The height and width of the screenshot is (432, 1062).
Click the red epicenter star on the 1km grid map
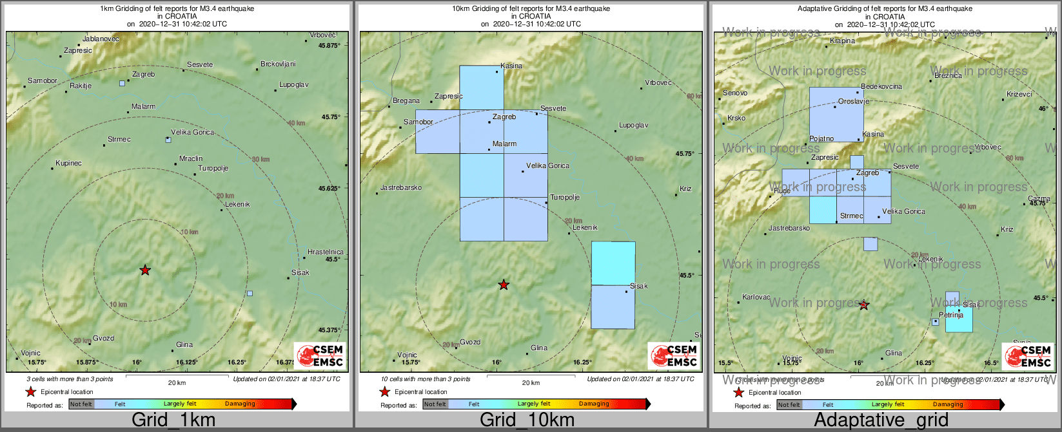[x=145, y=270]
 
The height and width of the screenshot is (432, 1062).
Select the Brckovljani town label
[x=278, y=64]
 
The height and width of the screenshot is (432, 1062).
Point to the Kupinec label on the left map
[x=69, y=164]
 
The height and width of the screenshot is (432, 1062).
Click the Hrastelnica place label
[x=326, y=252]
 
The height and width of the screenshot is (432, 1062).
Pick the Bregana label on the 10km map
[x=406, y=101]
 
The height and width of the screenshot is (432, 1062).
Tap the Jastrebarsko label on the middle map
[x=401, y=188]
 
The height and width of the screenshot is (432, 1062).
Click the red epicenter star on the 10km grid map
[x=504, y=285]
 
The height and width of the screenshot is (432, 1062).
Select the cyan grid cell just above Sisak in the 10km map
[x=613, y=263]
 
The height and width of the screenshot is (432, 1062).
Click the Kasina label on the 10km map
[x=511, y=66]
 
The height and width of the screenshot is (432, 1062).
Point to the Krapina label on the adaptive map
[x=842, y=41]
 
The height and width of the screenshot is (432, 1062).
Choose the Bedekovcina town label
[x=881, y=87]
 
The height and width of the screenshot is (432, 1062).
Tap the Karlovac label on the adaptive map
[x=756, y=297]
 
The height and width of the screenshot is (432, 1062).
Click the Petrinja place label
[x=951, y=315]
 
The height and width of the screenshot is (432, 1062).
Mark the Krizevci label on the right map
[x=1019, y=95]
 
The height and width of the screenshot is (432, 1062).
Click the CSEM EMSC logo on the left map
[x=320, y=355]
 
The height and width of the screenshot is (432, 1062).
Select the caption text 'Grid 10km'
[x=527, y=420]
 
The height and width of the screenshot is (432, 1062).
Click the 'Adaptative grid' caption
[x=881, y=420]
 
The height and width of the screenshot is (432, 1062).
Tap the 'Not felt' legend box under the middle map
[x=435, y=404]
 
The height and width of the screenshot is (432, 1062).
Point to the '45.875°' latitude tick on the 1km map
[x=328, y=46]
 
